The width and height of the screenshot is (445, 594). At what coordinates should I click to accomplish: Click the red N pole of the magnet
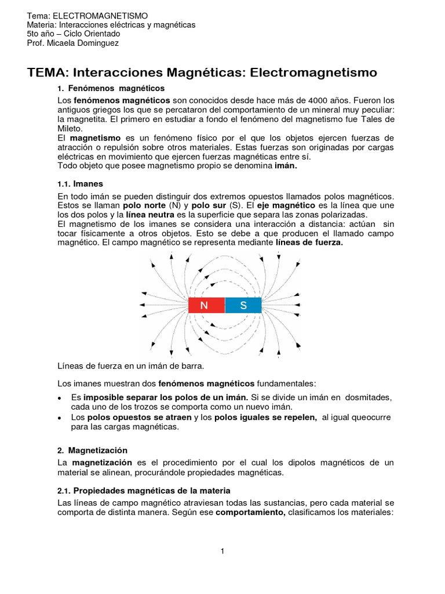pyautogui.click(x=206, y=305)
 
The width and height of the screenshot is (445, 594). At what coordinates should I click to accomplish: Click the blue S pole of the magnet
pyautogui.click(x=243, y=305)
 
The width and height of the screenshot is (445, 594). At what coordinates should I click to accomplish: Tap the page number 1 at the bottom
pyautogui.click(x=222, y=550)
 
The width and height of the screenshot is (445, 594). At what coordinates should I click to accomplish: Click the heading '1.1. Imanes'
pyautogui.click(x=80, y=183)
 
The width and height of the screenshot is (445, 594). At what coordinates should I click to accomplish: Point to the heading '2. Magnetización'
pyautogui.click(x=93, y=450)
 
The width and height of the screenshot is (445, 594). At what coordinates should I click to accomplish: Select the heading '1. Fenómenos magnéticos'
pyautogui.click(x=111, y=88)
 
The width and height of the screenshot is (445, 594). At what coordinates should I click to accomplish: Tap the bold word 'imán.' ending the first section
pyautogui.click(x=285, y=166)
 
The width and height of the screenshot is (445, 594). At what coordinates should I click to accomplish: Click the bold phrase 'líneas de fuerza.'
pyautogui.click(x=309, y=242)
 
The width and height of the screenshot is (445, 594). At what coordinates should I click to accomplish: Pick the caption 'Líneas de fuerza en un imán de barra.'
pyautogui.click(x=131, y=367)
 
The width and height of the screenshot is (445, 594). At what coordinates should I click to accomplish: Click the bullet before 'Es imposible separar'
pyautogui.click(x=60, y=398)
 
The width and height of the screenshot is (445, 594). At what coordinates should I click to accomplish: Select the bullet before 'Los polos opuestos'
pyautogui.click(x=60, y=418)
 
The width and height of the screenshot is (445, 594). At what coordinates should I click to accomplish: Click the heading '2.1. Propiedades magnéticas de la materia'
pyautogui.click(x=144, y=491)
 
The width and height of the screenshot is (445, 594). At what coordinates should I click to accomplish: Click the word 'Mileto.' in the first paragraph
pyautogui.click(x=71, y=128)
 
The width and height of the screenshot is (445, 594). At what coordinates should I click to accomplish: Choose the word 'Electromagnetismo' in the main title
pyautogui.click(x=314, y=73)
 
